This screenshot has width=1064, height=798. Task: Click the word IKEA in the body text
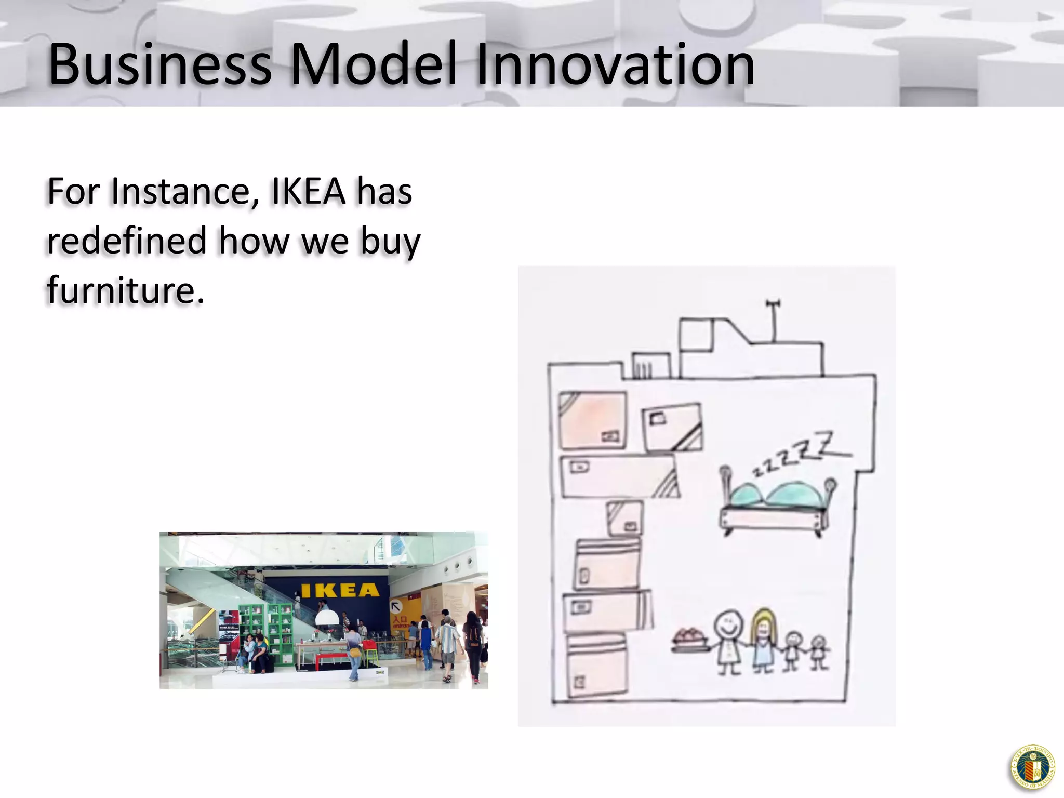tap(308, 191)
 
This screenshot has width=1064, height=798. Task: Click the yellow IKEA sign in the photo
tap(340, 590)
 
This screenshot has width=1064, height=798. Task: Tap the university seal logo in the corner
tap(1033, 767)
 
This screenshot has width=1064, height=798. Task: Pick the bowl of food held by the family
tap(689, 640)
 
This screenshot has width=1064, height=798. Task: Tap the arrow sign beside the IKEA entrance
tap(396, 606)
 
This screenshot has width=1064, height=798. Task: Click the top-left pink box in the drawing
tap(592, 420)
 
